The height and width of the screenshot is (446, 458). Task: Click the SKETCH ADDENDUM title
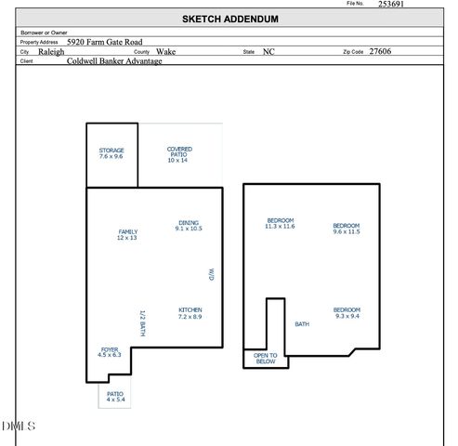pos(229,19)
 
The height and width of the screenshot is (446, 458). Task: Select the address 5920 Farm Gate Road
pos(104,42)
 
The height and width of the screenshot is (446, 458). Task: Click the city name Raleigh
pos(52,52)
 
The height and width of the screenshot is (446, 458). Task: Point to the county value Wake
pos(166,52)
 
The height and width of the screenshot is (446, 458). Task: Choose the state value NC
pos(268,52)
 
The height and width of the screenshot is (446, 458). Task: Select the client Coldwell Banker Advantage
pos(114,62)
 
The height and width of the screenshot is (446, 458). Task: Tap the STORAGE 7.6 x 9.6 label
pos(111,153)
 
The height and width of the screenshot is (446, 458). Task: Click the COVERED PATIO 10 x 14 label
pos(178,154)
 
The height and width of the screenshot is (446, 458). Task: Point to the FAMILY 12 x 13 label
pos(127,235)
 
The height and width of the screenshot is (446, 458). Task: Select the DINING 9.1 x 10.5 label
pos(189,226)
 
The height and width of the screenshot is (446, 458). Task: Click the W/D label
pos(211,274)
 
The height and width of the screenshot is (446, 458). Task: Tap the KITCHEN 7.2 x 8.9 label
pos(190,313)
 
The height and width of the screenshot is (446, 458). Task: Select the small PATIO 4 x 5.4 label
pos(114,397)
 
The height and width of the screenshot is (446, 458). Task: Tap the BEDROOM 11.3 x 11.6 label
pos(280,223)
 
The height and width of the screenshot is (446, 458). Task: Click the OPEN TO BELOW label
pos(266,359)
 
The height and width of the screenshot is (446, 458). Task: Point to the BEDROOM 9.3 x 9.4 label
pos(347,313)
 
